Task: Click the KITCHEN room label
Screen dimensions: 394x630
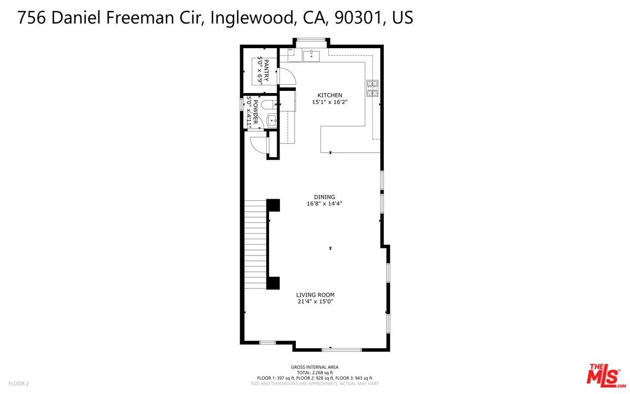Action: (x=330, y=95)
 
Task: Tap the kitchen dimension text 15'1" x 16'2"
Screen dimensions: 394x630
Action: (x=330, y=102)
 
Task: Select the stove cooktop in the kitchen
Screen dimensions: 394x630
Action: (x=372, y=87)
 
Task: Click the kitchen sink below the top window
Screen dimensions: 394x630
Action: (x=311, y=55)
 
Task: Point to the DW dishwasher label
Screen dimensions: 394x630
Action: (x=290, y=50)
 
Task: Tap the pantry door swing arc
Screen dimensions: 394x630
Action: (x=288, y=77)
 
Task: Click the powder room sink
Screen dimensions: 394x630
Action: (x=272, y=120)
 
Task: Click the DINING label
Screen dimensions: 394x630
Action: (x=324, y=197)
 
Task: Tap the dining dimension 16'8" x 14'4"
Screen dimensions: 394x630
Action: (x=324, y=204)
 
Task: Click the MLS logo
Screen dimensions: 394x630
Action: (x=605, y=375)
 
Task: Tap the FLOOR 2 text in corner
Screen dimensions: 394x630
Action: (x=19, y=384)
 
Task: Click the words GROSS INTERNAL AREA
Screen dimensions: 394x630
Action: (x=314, y=367)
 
